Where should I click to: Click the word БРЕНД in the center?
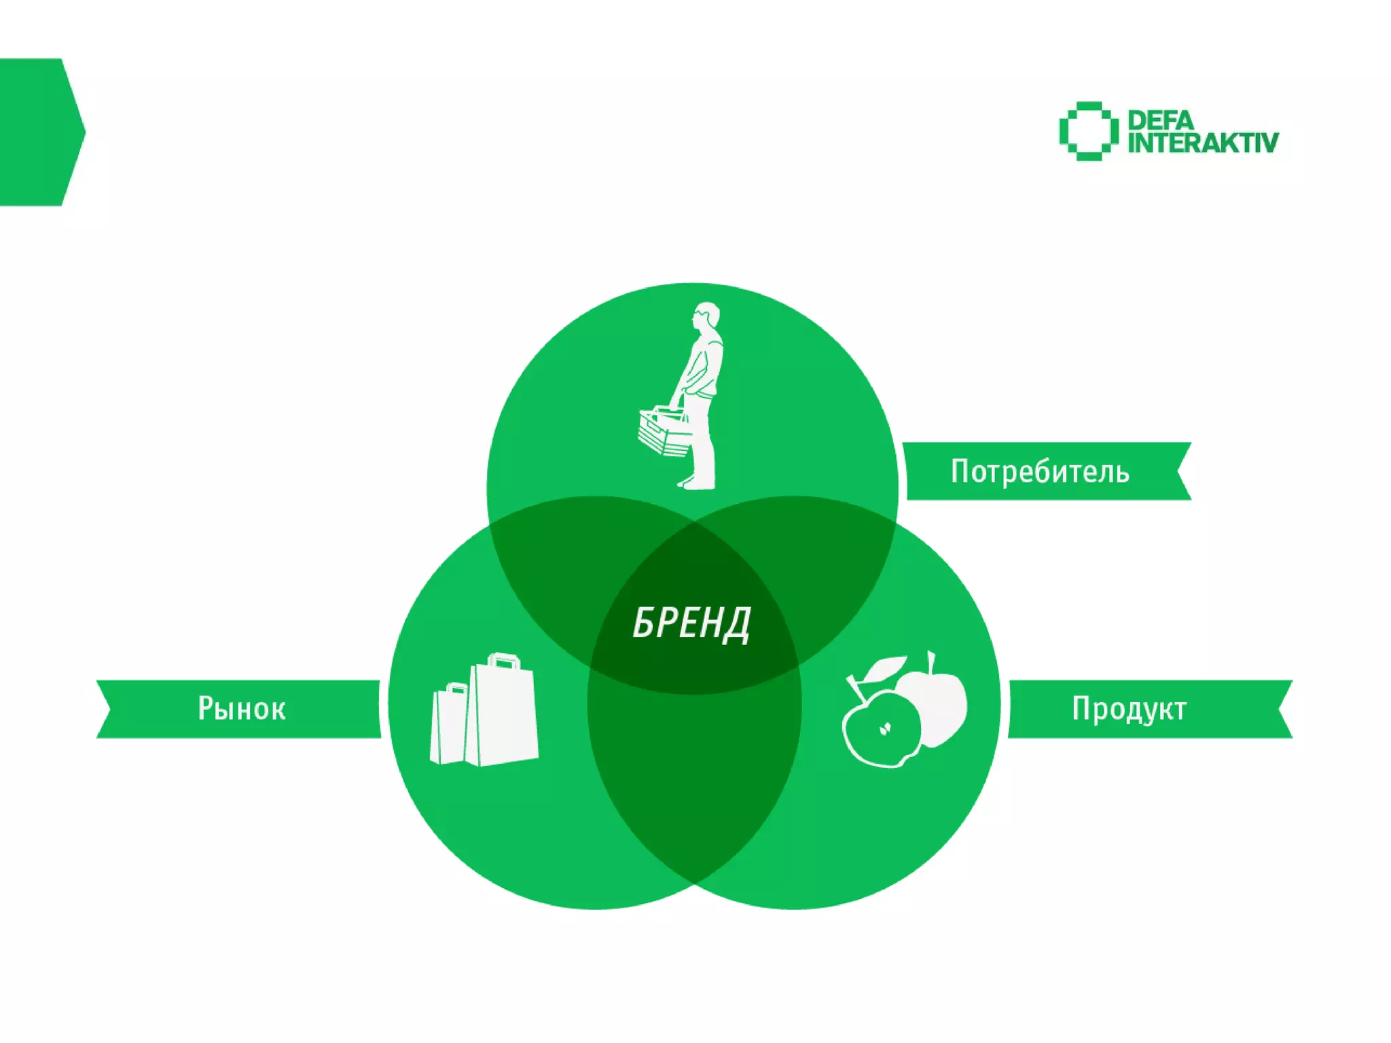coord(691,623)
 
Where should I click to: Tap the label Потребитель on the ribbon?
coord(1040,471)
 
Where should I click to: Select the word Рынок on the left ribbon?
coord(242,708)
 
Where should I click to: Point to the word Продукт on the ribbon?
coord(1129,708)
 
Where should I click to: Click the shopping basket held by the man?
coord(664,432)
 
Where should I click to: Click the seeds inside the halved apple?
coord(884,729)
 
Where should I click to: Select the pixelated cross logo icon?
coord(1088,131)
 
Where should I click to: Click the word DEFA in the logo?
coord(1160,121)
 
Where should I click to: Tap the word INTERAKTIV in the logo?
coord(1203,143)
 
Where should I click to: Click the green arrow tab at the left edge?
coord(37,132)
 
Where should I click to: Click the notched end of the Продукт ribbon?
coord(1282,709)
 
